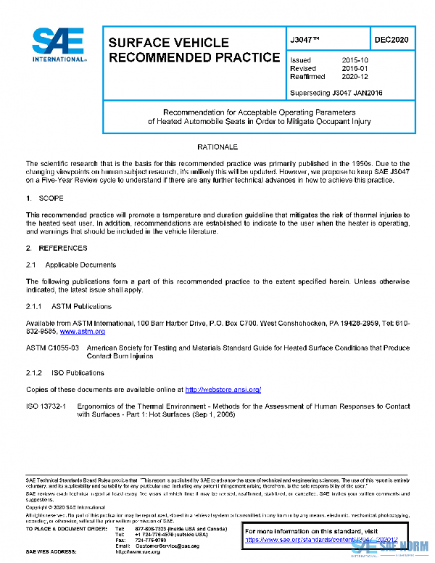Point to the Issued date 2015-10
(355, 60)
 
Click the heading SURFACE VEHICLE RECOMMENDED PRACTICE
(193, 50)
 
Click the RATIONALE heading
(217, 147)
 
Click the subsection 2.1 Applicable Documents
(71, 265)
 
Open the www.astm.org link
(83, 332)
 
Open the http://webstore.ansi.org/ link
(223, 390)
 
